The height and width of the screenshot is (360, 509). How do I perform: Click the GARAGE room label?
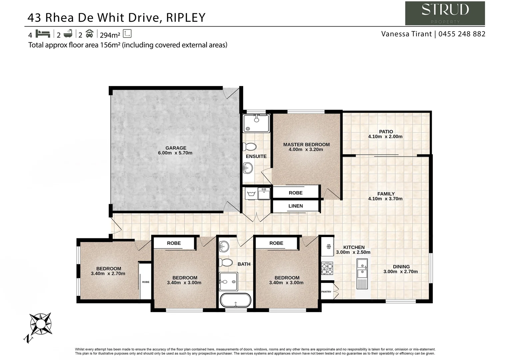(x=176, y=148)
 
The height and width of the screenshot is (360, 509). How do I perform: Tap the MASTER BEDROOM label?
(x=306, y=145)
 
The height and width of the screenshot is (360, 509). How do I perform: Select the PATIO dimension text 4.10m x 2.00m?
(x=385, y=137)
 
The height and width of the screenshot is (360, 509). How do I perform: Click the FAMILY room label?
(x=386, y=194)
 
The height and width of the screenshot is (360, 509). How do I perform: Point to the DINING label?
(x=401, y=267)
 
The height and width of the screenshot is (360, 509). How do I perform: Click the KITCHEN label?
(x=354, y=247)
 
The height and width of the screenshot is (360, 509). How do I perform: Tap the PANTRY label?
(x=326, y=292)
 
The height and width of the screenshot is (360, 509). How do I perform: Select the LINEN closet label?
(x=295, y=206)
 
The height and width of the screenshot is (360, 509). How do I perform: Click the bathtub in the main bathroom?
(x=235, y=300)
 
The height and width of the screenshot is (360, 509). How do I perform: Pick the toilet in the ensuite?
(x=250, y=147)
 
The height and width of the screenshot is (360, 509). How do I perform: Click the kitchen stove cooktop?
(x=327, y=268)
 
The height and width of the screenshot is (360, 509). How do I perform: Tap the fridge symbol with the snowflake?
(x=327, y=247)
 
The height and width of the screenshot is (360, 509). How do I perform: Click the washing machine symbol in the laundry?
(x=251, y=193)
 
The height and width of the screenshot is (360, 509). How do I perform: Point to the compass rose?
(x=40, y=324)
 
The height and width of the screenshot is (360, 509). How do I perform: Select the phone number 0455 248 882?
(x=462, y=34)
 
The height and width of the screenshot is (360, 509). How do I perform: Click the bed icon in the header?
(x=43, y=34)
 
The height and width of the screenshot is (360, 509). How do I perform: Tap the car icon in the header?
(x=89, y=34)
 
